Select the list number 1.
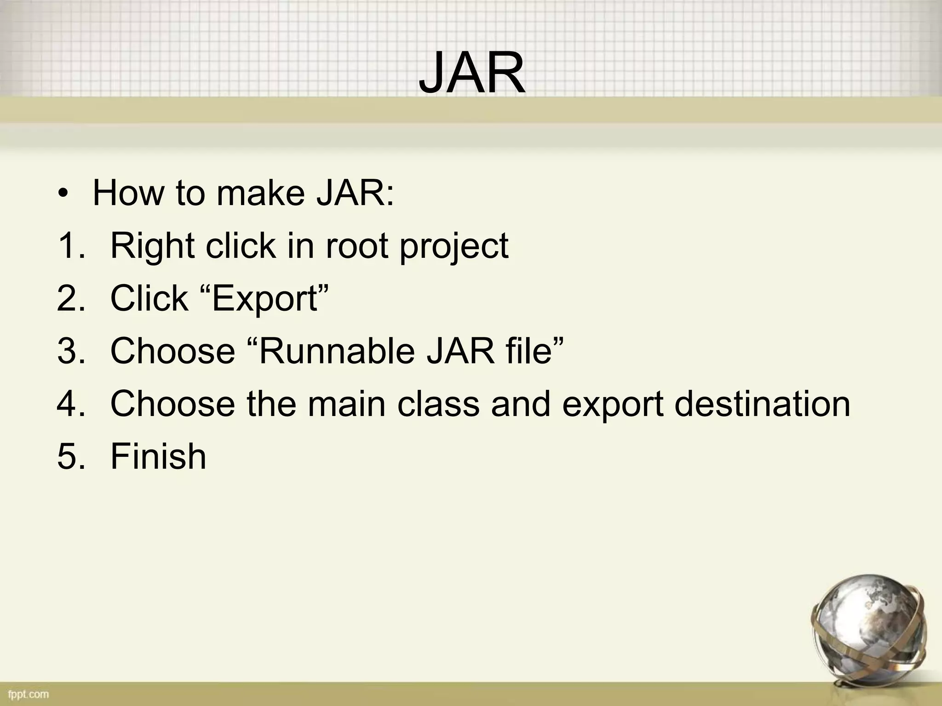[71, 246]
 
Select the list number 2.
[71, 299]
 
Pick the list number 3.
[71, 351]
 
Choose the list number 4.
[71, 404]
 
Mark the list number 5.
[71, 456]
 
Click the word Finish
[158, 456]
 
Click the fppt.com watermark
[28, 694]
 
